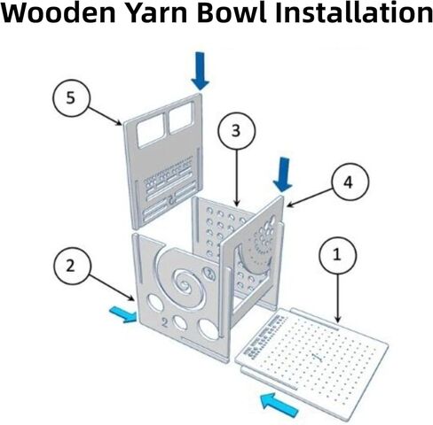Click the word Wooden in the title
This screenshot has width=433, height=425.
[x=58, y=12]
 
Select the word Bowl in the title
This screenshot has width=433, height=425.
[x=232, y=12]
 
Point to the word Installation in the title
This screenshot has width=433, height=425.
[x=354, y=12]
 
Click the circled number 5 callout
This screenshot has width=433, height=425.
[x=71, y=98]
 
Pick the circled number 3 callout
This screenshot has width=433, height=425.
[x=236, y=131]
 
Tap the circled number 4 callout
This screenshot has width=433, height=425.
[x=350, y=182]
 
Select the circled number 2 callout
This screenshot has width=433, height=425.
[x=72, y=267]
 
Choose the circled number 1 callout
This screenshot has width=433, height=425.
[x=338, y=255]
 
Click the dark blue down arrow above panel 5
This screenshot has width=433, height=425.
[x=201, y=71]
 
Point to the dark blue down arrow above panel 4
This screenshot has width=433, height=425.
[x=283, y=174]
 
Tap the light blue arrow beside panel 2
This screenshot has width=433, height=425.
[x=123, y=314]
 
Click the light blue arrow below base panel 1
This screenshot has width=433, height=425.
[x=279, y=405]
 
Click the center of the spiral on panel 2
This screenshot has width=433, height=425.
[x=185, y=286]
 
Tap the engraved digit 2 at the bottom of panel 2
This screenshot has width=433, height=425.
[x=165, y=323]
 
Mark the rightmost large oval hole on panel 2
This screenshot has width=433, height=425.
[x=209, y=328]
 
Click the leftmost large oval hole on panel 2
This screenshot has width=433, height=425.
[x=155, y=303]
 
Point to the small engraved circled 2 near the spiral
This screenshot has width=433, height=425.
[x=209, y=274]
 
